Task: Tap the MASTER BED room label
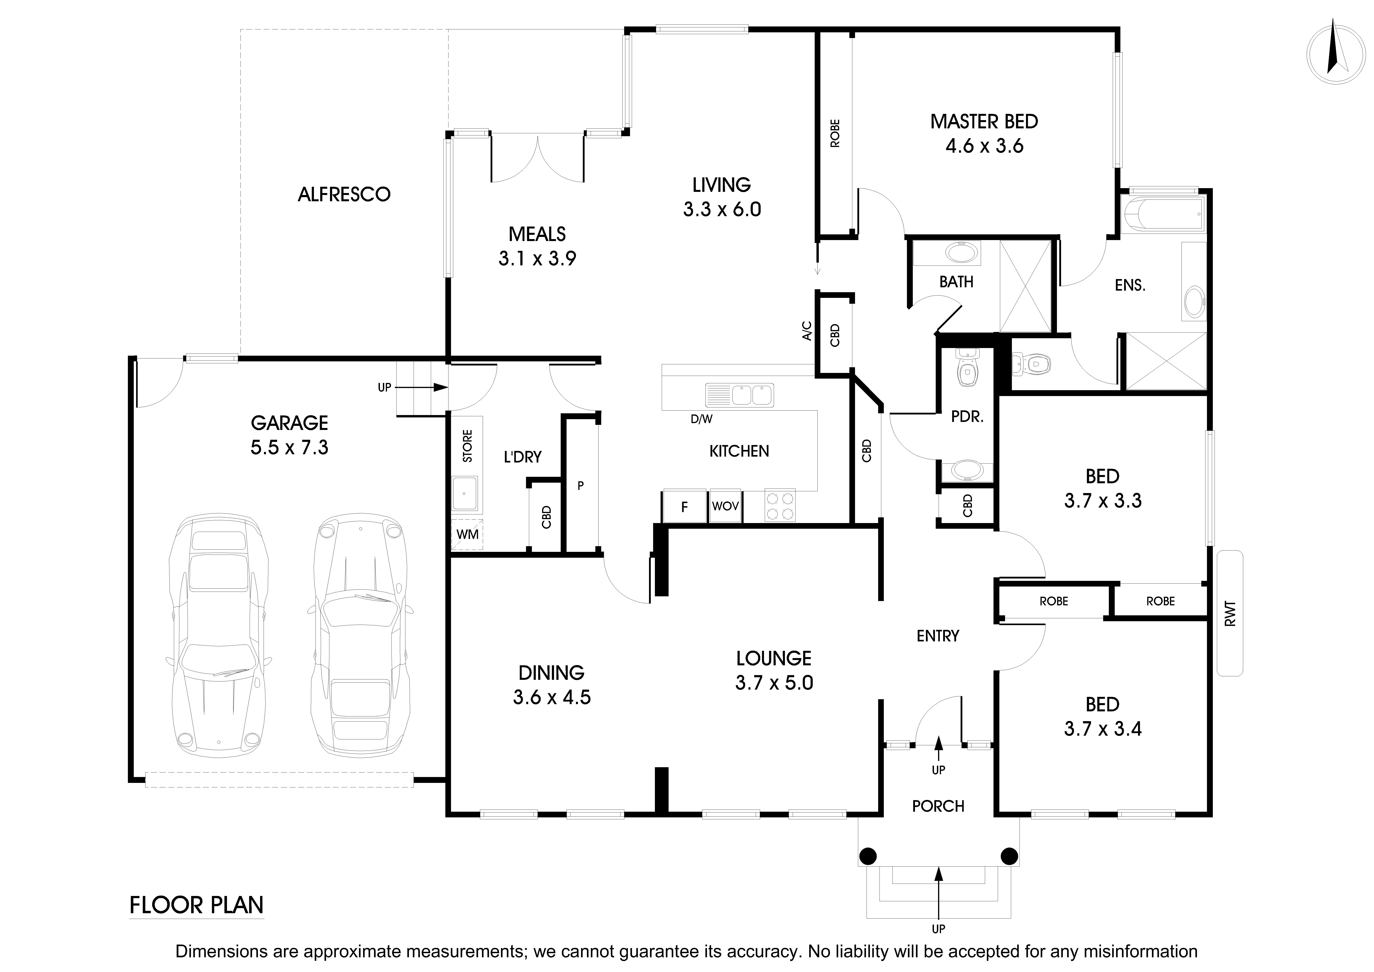click(x=984, y=121)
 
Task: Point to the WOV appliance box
click(x=725, y=506)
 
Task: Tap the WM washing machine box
click(x=467, y=534)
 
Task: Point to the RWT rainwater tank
click(x=1230, y=613)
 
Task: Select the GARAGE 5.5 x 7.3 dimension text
click(x=290, y=447)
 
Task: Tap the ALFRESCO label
click(x=344, y=194)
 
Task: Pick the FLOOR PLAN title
click(x=196, y=905)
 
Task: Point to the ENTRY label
click(x=938, y=635)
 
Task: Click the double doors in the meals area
click(x=537, y=158)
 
